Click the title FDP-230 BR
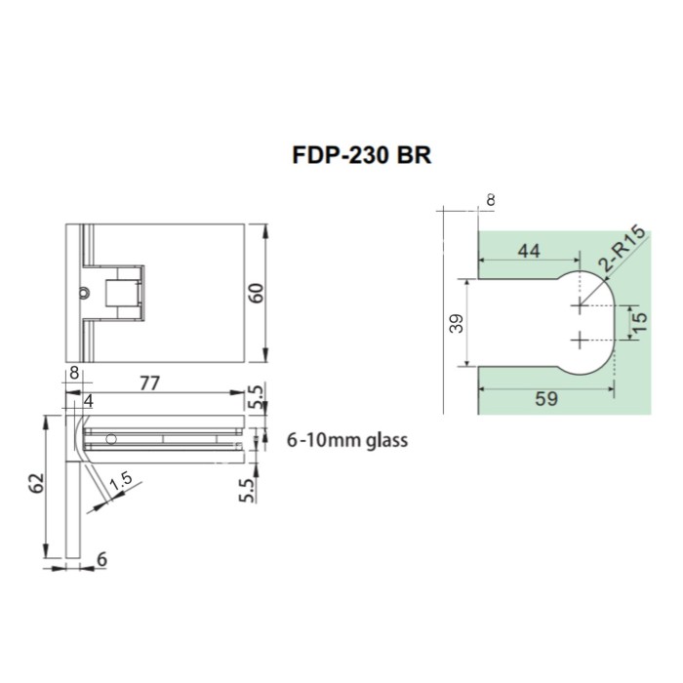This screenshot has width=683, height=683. coord(361,156)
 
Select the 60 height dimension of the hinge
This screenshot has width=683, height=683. coord(257,293)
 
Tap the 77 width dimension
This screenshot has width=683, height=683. coord(149,382)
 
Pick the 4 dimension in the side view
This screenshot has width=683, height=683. coord(89,400)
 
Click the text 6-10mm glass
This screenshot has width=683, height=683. coord(346,440)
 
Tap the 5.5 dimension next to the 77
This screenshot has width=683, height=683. coord(257,397)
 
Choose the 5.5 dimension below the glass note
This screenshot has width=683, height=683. coord(247,488)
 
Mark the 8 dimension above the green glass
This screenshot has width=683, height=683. coord(489,200)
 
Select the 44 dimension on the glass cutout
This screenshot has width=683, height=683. coord(527,251)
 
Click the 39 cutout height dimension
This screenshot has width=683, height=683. coord(457,325)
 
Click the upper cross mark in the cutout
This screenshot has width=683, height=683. coord(581,306)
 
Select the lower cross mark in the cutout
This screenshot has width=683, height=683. coord(581,340)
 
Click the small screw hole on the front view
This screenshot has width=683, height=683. coord(86,291)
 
